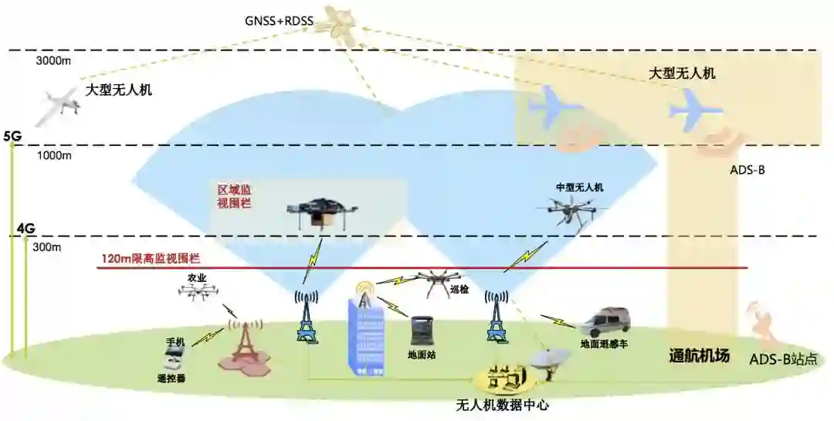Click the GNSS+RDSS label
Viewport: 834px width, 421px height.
[279, 21]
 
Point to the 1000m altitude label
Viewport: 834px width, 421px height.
[54, 155]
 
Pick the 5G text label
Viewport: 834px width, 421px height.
[12, 137]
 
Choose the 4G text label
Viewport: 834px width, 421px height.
[26, 229]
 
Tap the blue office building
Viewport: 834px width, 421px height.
[368, 337]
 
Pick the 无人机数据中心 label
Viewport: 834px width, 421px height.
[502, 405]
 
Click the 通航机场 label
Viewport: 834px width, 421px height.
[698, 357]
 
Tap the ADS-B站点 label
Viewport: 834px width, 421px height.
[782, 360]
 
